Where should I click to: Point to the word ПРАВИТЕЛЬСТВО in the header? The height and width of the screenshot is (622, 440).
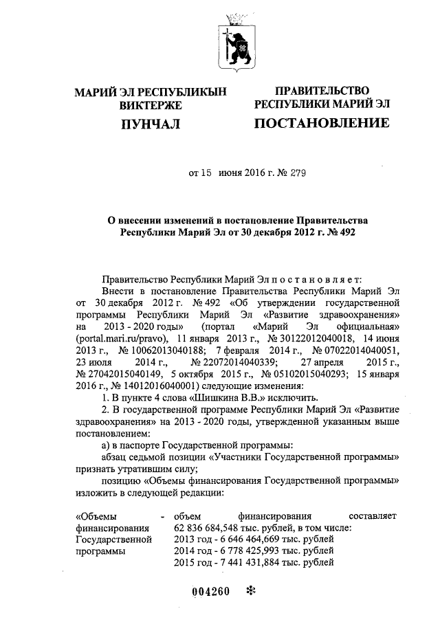[x=322, y=91]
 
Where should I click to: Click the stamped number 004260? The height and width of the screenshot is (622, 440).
[x=209, y=591]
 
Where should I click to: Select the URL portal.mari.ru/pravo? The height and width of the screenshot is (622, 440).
[x=122, y=340]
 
